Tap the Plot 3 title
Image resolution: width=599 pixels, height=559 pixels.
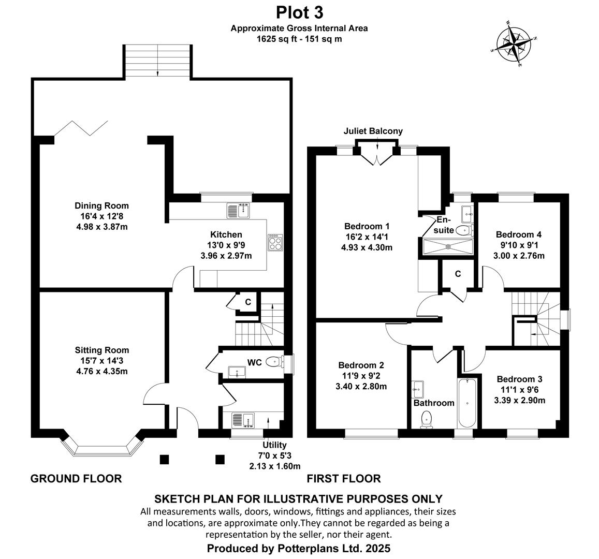[299, 11]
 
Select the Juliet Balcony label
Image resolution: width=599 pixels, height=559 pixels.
[373, 131]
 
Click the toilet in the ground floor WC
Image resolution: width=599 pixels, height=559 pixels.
[273, 362]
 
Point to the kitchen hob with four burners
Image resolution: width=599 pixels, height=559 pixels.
[274, 242]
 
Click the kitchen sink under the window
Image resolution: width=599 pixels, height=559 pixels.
[238, 211]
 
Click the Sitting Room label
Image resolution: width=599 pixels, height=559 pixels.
[102, 350]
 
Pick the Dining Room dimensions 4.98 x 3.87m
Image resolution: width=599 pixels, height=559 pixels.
[101, 226]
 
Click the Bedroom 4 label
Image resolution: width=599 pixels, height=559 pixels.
[518, 234]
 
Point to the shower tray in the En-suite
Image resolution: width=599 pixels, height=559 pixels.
[448, 246]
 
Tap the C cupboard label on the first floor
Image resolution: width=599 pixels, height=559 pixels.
[458, 274]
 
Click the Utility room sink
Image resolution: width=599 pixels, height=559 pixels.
[239, 420]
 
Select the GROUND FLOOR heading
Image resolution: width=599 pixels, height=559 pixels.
[76, 479]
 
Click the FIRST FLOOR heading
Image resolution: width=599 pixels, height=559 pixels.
[344, 479]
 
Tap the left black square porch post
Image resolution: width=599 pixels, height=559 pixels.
[164, 459]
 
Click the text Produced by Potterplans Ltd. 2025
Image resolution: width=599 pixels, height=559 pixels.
[299, 548]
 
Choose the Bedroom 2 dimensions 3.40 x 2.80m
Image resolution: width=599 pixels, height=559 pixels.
[361, 386]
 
